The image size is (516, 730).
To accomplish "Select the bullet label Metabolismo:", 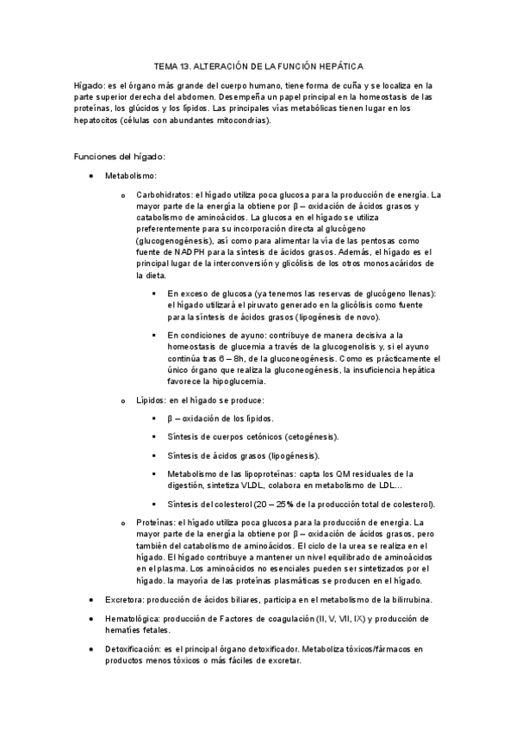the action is click(x=131, y=176).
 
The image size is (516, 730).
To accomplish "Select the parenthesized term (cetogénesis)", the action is click(x=308, y=436).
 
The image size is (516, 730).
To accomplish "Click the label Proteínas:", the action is click(x=159, y=523).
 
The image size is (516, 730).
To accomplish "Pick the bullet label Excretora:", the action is click(x=127, y=599).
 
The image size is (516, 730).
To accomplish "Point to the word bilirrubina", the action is click(x=408, y=599).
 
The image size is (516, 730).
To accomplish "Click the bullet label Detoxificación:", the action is click(x=136, y=649).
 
